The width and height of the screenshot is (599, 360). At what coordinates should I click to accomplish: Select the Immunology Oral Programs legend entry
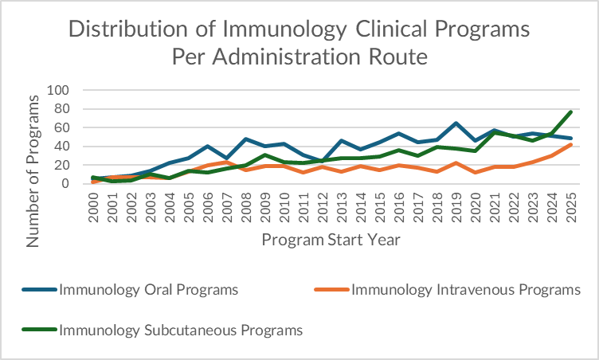[x=148, y=288]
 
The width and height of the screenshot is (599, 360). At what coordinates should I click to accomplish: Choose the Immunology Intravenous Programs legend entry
[x=465, y=288]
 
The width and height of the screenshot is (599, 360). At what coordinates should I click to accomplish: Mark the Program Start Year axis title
[x=331, y=239]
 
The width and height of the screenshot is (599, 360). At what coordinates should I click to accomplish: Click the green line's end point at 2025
[x=570, y=112]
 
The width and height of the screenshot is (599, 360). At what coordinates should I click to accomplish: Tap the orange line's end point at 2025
[x=570, y=144]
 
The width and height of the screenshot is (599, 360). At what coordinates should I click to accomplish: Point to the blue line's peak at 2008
[x=246, y=139]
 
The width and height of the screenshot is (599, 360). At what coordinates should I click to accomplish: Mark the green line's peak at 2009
[x=265, y=155]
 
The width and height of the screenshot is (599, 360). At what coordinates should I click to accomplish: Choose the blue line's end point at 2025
[x=570, y=139]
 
